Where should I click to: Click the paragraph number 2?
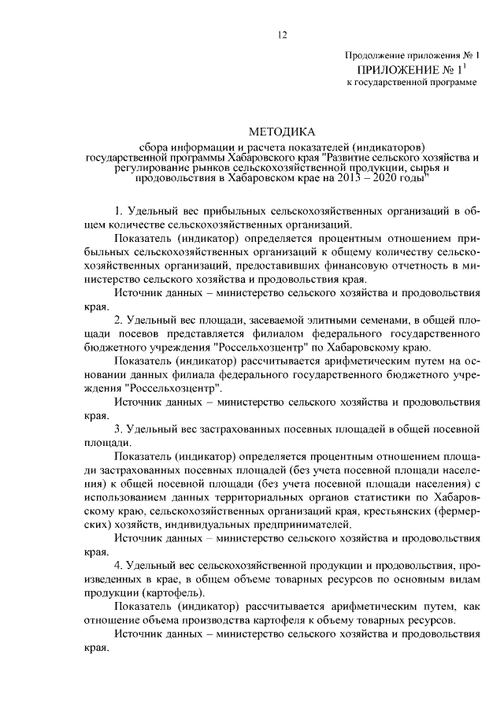[118, 318]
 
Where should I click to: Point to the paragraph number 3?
[118, 428]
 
